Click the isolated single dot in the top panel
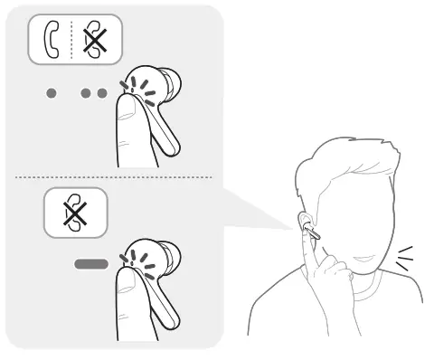click(x=51, y=94)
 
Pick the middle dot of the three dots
click(x=84, y=94)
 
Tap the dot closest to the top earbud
click(x=100, y=94)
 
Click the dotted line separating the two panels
click(x=108, y=176)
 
